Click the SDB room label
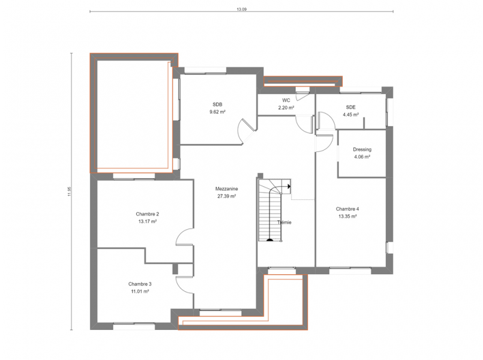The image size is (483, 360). point(217,104)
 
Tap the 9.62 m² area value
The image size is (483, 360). point(217,112)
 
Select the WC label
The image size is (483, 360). point(286,100)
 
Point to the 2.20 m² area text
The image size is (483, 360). point(286,107)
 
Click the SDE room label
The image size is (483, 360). point(350,107)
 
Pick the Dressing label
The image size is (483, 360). point(362,149)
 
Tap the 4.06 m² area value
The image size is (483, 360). point(362,157)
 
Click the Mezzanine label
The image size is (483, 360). point(226,189)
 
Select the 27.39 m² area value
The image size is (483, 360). point(226,196)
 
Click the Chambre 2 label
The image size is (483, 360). point(147,214)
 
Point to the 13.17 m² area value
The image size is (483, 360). point(147,221)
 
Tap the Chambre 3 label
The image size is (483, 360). point(140,284)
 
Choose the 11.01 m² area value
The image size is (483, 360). point(140,292)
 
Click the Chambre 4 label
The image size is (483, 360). point(347,209)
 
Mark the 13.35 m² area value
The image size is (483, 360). point(347,216)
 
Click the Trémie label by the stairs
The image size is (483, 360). point(284,223)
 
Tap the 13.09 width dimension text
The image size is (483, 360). point(241,9)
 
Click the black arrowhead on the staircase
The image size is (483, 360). point(289,187)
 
